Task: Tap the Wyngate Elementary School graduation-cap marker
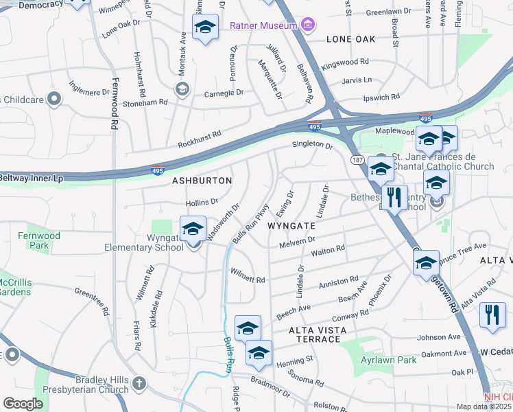[x=193, y=229]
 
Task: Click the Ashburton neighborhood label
[x=202, y=181]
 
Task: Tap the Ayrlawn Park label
[x=388, y=360]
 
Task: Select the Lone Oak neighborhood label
[x=351, y=39]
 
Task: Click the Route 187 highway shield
[x=357, y=159]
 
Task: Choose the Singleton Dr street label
[x=312, y=145]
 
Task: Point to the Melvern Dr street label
[x=296, y=242]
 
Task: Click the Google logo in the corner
[x=23, y=404]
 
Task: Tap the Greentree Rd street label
[x=92, y=301]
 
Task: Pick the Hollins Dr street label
[x=202, y=202]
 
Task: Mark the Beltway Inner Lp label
[x=32, y=179]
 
